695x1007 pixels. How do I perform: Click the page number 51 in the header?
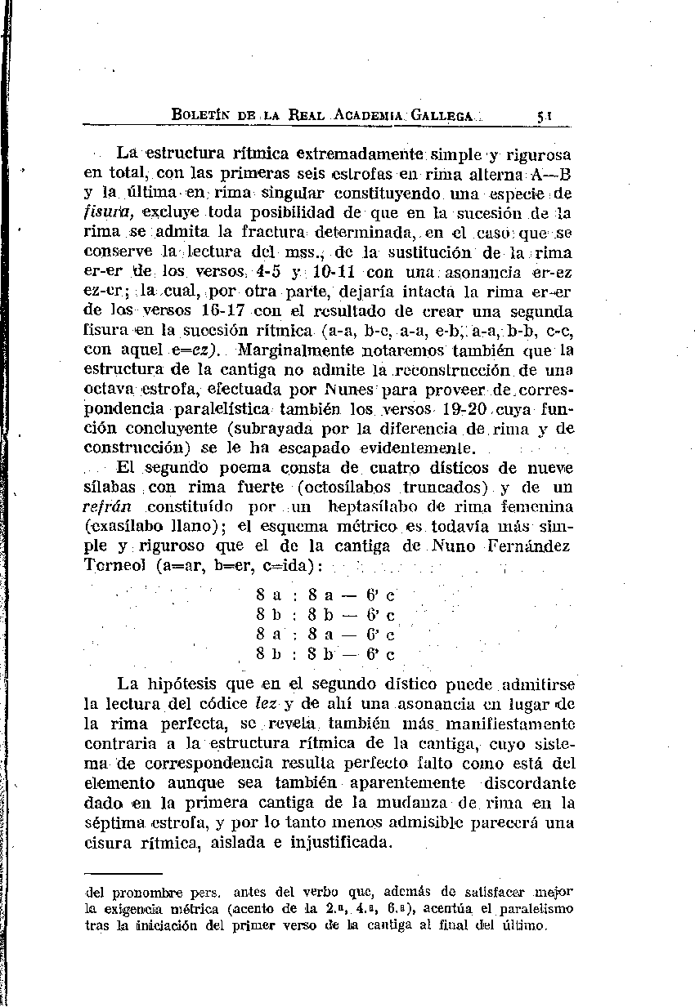(543, 117)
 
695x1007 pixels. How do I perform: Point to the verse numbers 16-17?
(223, 312)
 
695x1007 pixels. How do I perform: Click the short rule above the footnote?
(124, 873)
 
